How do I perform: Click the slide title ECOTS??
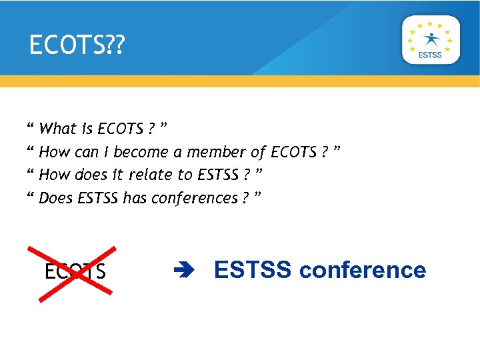tap(77, 45)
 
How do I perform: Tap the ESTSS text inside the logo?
tap(430, 55)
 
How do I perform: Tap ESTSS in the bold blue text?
tap(253, 270)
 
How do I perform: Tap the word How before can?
tap(55, 152)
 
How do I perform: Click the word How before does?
tap(55, 175)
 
